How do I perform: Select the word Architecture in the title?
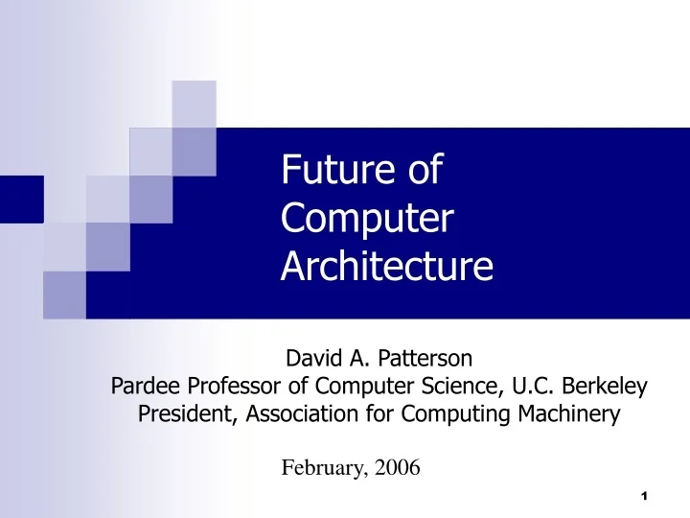click(x=387, y=267)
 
